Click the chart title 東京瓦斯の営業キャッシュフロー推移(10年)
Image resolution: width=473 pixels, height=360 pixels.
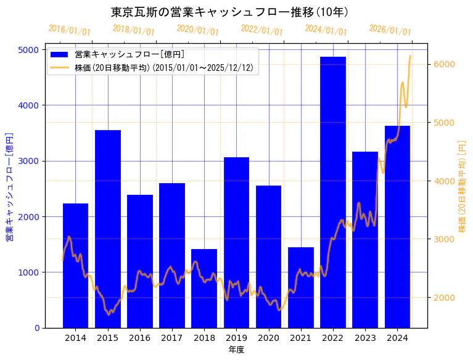[x=229, y=12]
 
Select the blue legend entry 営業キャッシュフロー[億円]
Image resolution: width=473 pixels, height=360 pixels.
[x=129, y=54]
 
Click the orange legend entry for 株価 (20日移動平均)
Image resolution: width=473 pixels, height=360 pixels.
[x=163, y=68]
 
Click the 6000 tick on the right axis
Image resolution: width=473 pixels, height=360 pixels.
[x=445, y=64]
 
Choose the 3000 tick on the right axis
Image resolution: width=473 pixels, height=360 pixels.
[x=445, y=239]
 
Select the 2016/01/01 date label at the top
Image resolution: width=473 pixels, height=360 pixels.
[x=69, y=30]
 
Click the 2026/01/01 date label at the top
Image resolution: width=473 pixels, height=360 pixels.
[x=390, y=30]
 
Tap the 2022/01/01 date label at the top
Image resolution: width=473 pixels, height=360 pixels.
[x=261, y=30]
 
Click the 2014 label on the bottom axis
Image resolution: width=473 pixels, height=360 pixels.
[x=75, y=338]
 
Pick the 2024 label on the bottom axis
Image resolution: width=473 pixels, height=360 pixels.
[x=397, y=338]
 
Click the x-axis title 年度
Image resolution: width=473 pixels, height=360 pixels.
[x=236, y=350]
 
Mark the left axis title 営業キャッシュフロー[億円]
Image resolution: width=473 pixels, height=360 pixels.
[x=10, y=187]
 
